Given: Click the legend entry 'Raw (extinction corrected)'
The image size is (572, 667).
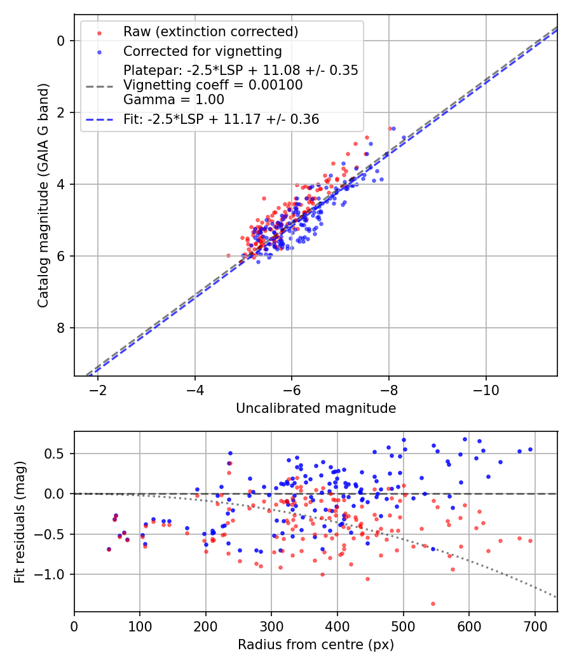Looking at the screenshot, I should [x=210, y=32].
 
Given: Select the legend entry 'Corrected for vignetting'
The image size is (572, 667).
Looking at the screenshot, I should [x=202, y=51].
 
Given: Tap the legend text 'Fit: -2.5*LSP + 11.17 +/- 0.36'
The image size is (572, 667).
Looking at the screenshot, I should [x=221, y=119].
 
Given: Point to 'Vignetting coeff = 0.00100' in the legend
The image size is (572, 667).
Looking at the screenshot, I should [x=213, y=84].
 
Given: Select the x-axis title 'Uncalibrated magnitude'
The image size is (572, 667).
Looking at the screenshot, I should [x=316, y=408].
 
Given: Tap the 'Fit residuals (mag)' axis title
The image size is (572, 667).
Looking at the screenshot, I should [x=20, y=522].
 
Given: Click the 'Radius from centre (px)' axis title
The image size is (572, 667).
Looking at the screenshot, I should [x=316, y=645].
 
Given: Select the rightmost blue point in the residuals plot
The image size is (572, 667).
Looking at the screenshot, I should [x=530, y=449].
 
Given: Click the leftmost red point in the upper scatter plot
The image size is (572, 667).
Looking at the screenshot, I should [x=229, y=255].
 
